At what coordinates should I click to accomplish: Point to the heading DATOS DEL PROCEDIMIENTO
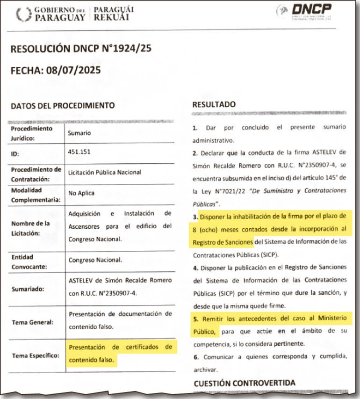tap(63, 106)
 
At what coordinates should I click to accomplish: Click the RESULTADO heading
tap(214, 104)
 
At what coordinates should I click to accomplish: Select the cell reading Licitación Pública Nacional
tap(104, 172)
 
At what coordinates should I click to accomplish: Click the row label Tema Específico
tap(35, 355)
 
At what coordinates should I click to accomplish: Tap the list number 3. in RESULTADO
tap(195, 217)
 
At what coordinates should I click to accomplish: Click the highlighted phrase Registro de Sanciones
tap(223, 242)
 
